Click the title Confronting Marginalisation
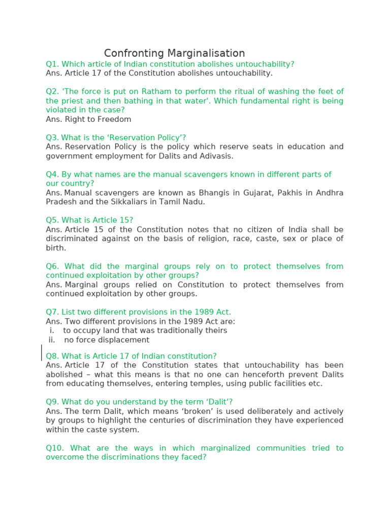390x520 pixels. pos(174,53)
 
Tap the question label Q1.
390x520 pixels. pos(52,64)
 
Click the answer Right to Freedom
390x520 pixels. pos(97,119)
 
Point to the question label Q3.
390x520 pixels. pos(52,138)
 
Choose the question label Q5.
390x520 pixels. pos(52,220)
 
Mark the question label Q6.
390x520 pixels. pos(52,266)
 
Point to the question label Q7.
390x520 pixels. pos(52,312)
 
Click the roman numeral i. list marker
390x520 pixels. pos(52,331)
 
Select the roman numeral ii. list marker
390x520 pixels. pos(51,340)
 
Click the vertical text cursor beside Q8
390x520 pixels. pos(42,352)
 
